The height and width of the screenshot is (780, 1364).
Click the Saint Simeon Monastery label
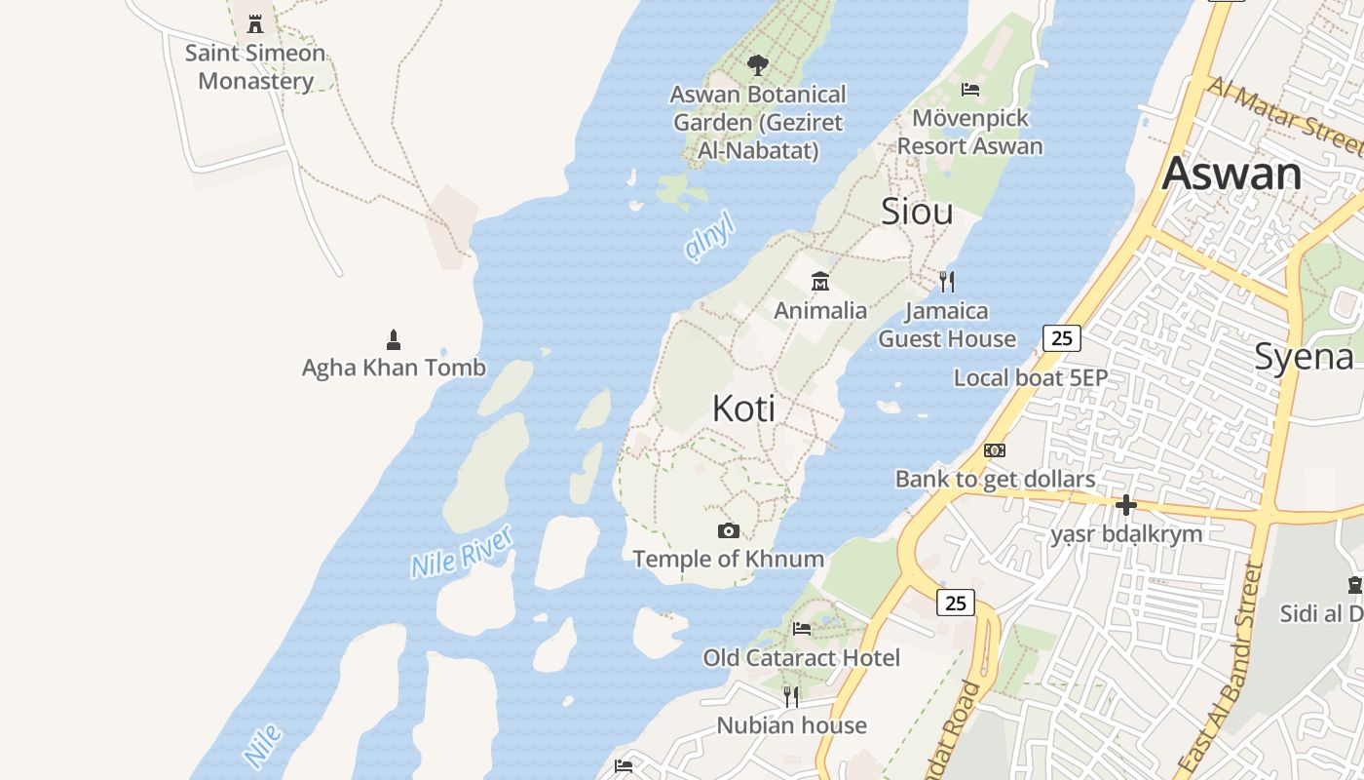click(255, 66)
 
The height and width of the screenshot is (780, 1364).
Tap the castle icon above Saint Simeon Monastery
click(255, 23)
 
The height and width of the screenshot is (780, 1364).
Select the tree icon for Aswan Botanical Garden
click(757, 66)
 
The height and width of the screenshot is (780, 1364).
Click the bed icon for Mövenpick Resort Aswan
click(970, 90)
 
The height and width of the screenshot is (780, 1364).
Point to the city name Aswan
click(1231, 174)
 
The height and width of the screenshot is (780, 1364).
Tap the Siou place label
click(917, 212)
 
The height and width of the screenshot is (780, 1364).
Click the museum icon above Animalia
click(820, 282)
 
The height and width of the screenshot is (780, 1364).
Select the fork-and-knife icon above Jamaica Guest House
click(946, 282)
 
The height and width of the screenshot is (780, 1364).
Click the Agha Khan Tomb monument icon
click(394, 339)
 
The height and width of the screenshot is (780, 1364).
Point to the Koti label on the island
click(744, 409)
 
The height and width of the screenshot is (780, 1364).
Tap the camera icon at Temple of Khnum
click(728, 531)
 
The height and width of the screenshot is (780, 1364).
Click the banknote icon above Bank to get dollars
click(995, 450)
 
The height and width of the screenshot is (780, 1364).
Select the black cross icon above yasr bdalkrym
click(1126, 505)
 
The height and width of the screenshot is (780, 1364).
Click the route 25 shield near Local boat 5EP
click(1062, 338)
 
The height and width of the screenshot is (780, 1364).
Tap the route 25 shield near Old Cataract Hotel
click(956, 603)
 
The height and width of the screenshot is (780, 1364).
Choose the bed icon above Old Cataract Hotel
click(802, 629)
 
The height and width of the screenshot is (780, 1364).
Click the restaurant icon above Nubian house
click(791, 696)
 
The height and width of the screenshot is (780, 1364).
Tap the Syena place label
click(1304, 357)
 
